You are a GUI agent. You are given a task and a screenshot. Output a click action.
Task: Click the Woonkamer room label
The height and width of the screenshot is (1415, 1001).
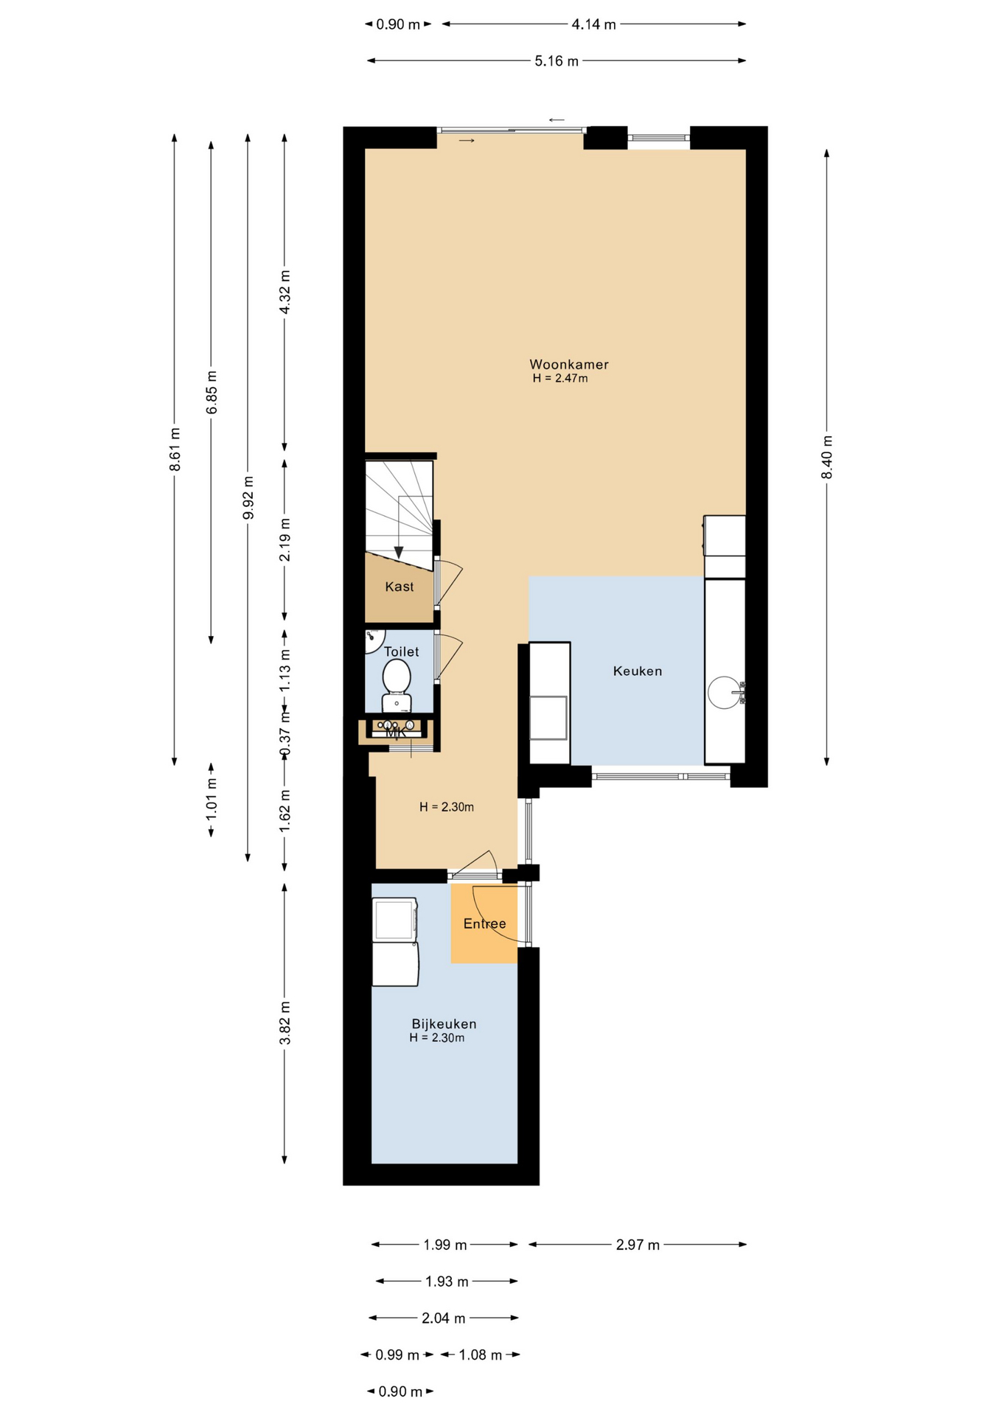coord(568,364)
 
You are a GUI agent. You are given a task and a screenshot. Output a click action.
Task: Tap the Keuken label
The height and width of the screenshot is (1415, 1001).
coord(638,671)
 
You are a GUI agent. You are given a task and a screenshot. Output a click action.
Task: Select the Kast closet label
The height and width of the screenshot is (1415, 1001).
coord(400,587)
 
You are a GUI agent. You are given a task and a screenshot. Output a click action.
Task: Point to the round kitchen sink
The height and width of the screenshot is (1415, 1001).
coord(725,692)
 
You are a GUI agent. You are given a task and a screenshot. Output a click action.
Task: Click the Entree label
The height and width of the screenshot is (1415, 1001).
coord(484,923)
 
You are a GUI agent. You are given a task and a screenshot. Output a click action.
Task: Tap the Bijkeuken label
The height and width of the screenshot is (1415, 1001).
coord(444,1024)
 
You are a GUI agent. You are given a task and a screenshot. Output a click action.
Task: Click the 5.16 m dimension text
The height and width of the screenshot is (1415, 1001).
coord(557,61)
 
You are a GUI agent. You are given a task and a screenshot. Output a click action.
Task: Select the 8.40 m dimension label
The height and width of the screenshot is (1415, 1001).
coord(827,457)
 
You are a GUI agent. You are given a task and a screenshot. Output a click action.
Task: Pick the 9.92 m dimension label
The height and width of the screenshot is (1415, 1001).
coord(248,497)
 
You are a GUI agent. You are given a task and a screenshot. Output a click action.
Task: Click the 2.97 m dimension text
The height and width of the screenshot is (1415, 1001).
coord(638,1245)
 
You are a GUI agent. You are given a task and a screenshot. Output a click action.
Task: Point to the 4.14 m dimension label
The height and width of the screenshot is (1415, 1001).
coord(593,24)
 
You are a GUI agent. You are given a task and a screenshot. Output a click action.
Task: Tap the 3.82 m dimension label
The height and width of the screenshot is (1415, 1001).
coord(285,1023)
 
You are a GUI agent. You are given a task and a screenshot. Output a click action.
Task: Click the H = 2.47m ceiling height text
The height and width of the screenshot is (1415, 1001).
coord(560,379)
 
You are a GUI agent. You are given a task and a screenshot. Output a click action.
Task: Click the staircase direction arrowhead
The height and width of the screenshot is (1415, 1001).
coord(399,552)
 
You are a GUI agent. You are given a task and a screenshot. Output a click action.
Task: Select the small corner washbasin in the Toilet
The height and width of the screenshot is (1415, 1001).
coord(374,639)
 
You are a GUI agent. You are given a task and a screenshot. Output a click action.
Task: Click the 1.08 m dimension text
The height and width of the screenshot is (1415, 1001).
coord(480,1355)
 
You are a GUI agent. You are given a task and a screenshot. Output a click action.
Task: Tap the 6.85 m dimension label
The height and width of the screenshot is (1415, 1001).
coord(212,393)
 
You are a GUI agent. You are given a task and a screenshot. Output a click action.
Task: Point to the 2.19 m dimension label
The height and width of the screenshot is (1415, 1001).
coord(285,539)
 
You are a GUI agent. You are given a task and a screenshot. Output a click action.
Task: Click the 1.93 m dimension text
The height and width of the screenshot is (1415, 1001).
coord(447,1282)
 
